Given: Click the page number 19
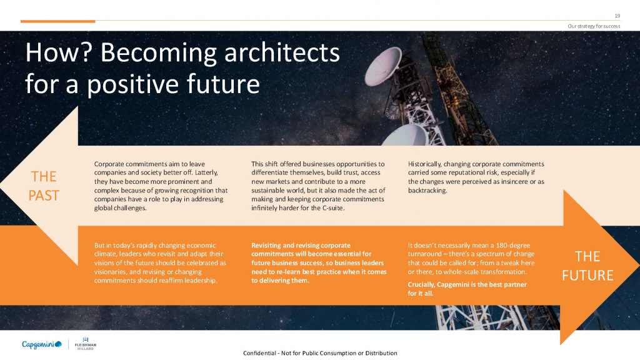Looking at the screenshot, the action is click(617, 16).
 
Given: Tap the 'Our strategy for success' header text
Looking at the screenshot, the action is click(594, 26).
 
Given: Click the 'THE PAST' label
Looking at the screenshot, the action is click(44, 186).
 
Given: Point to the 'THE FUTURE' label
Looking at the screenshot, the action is click(587, 266).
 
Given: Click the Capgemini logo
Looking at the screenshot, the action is click(42, 344).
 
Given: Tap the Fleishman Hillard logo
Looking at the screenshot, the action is click(85, 344).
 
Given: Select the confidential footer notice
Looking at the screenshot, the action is click(320, 353).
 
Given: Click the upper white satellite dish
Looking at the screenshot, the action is click(383, 66).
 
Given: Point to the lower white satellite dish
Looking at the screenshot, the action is click(405, 136).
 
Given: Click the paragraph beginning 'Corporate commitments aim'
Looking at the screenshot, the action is click(161, 186).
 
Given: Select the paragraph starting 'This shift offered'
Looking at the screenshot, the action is click(318, 186).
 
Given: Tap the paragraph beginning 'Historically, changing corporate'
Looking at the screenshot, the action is click(476, 177).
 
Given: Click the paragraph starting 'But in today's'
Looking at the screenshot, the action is click(160, 263).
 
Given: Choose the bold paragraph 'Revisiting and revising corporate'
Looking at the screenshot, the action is click(319, 263).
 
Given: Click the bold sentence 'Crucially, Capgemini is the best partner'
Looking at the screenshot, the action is click(467, 289).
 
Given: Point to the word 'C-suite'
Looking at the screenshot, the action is click(333, 207).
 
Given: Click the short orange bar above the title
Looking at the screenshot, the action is click(57, 21).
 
